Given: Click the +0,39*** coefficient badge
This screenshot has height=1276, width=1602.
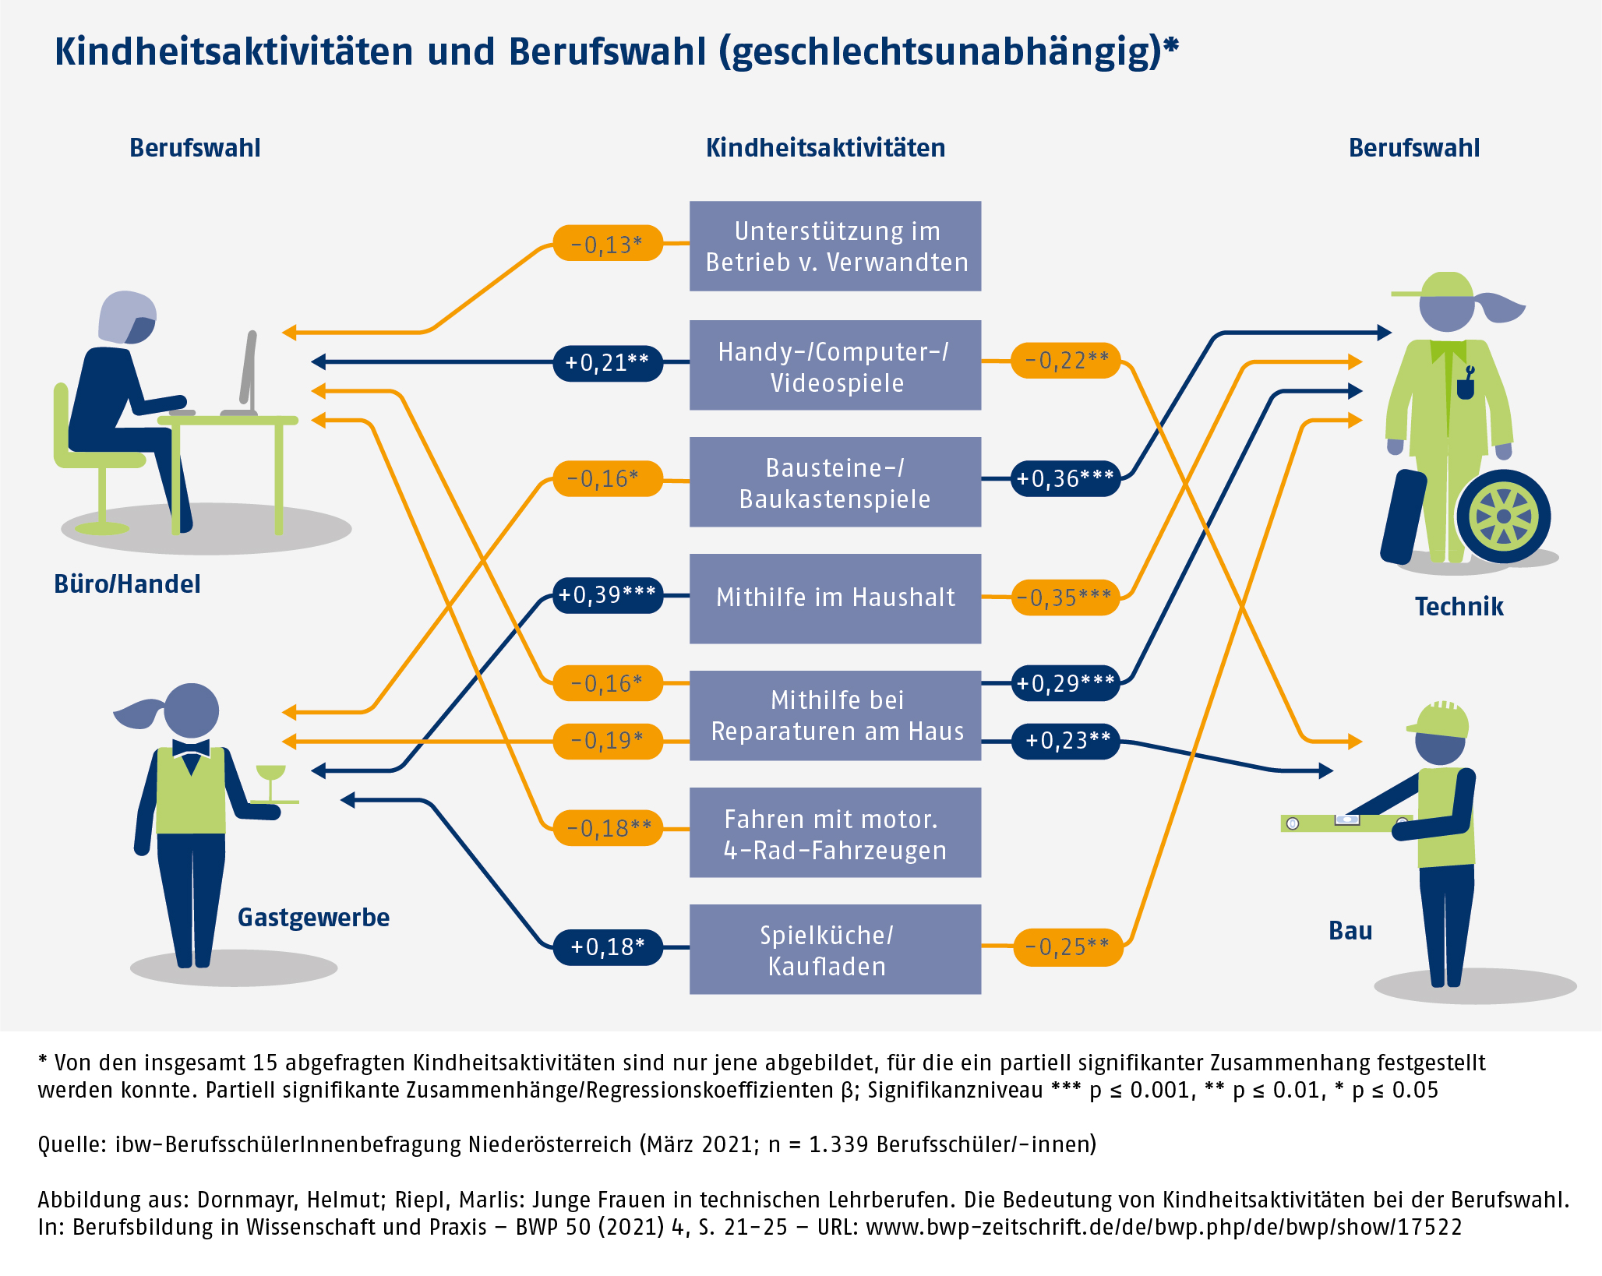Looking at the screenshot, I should [607, 595].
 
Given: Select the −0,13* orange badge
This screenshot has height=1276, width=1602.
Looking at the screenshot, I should [607, 244].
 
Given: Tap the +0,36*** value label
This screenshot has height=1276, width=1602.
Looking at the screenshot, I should [1065, 478].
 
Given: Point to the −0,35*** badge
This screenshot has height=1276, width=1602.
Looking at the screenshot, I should [1064, 597].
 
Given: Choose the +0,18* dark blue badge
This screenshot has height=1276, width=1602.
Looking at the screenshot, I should [607, 946].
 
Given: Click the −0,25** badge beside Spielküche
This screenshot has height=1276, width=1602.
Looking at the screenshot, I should [1067, 946].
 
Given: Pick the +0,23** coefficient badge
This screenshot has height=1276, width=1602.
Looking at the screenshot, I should [1065, 740].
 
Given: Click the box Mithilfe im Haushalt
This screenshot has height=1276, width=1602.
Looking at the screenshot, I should [835, 597].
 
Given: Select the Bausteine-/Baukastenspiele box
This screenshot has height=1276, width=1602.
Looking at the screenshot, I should [835, 482].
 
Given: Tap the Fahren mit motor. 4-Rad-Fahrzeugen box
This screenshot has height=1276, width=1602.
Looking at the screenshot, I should [835, 833].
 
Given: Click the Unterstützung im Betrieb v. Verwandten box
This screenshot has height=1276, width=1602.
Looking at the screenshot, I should [835, 246].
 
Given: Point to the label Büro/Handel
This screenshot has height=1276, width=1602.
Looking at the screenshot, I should [127, 583].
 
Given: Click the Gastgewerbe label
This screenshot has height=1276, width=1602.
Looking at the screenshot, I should [313, 917].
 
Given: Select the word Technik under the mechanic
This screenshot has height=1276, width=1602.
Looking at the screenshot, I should [1459, 606].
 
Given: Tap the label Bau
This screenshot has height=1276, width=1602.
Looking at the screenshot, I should [1350, 930].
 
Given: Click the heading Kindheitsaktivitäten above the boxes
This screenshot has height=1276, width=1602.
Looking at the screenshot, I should [825, 148].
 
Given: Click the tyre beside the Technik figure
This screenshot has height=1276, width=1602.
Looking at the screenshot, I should [1503, 516].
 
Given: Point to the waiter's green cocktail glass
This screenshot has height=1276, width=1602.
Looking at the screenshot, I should [271, 774].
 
